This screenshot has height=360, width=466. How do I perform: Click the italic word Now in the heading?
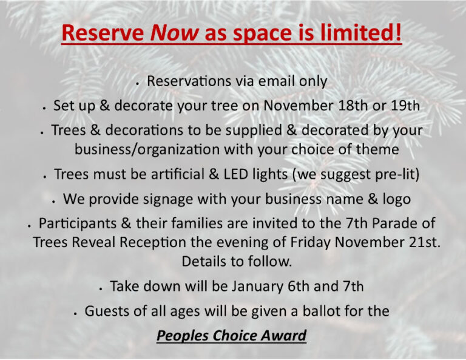[175, 33]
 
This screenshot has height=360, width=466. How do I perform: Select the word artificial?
[177, 174]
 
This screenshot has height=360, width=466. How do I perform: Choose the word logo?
[397, 200]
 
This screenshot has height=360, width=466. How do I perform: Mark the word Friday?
[310, 243]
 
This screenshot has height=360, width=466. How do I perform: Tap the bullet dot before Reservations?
[137, 84]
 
